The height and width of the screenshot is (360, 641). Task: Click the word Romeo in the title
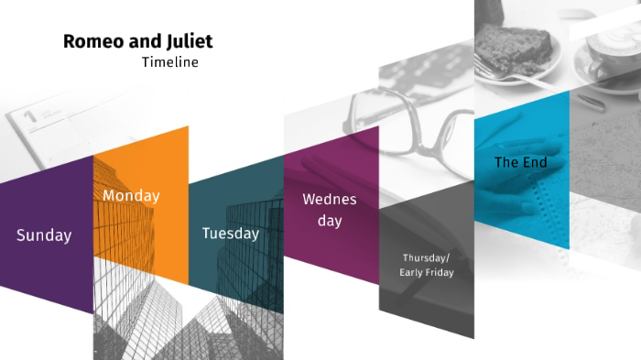[88, 42]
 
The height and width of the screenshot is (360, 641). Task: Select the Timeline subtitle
[170, 62]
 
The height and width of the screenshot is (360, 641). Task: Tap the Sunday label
[44, 235]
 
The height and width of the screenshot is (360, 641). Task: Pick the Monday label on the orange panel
[131, 196]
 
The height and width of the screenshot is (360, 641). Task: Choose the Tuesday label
[231, 234]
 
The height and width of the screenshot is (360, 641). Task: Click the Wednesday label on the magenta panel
[330, 210]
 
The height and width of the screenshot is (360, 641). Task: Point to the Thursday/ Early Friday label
[427, 265]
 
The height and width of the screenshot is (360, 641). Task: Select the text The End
[521, 162]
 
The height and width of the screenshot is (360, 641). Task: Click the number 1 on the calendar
[29, 116]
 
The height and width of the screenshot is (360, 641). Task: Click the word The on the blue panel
[506, 162]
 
